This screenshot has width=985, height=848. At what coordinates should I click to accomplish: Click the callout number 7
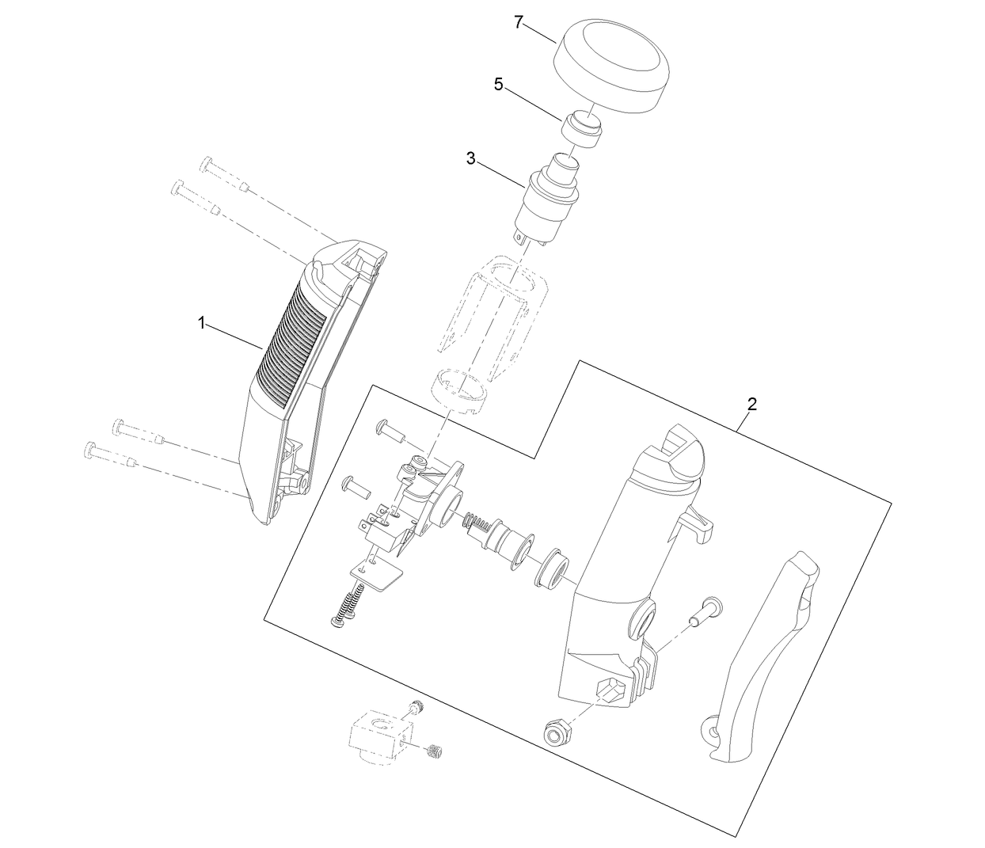pos(519,22)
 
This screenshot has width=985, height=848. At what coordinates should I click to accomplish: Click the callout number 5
pos(498,85)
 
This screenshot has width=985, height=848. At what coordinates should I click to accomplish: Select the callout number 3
pos(471,158)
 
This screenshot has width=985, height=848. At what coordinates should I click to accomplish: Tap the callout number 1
pos(202,322)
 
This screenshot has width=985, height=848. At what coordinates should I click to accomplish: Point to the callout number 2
pos(751,404)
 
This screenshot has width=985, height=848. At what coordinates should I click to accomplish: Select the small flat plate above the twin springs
pos(378,575)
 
